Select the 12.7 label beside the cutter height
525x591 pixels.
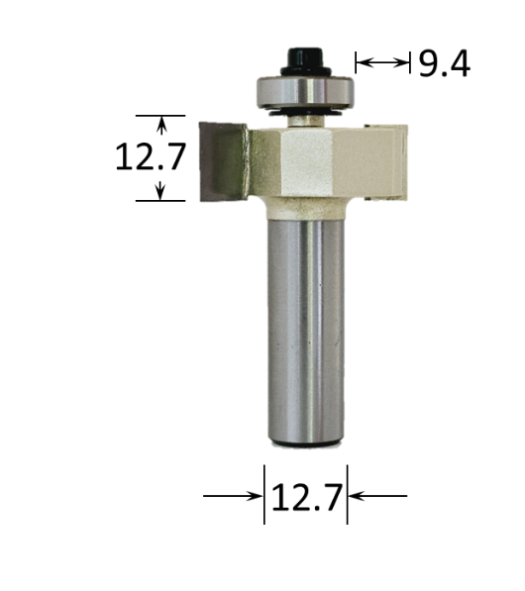click(x=150, y=157)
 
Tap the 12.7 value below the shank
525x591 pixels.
click(x=305, y=495)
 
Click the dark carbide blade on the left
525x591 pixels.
click(x=224, y=159)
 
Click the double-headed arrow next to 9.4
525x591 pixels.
click(x=382, y=63)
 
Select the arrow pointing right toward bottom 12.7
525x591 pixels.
click(x=233, y=495)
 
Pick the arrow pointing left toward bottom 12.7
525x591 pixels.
click(x=377, y=495)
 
